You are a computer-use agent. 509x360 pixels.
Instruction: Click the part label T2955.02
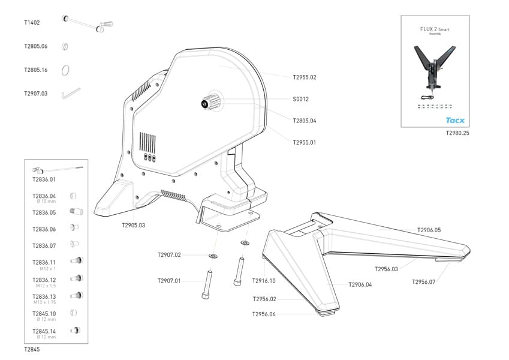pos(304,77)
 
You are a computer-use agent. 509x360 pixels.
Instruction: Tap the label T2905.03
pos(133,225)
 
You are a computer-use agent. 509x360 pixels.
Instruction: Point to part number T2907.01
pos(169,281)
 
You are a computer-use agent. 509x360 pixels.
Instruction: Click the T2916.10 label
pos(264,281)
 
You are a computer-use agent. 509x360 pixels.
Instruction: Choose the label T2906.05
pos(429,230)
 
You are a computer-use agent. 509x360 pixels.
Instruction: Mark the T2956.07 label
pos(423,281)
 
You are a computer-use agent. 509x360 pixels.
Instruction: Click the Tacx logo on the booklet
pos(454,120)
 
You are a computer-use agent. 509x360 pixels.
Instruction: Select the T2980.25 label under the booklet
pos(457,133)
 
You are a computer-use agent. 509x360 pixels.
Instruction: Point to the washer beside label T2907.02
pos(213,255)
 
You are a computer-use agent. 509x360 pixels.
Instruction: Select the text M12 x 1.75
pos(44,301)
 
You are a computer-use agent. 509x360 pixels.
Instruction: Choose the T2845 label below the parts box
pos(32,349)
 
